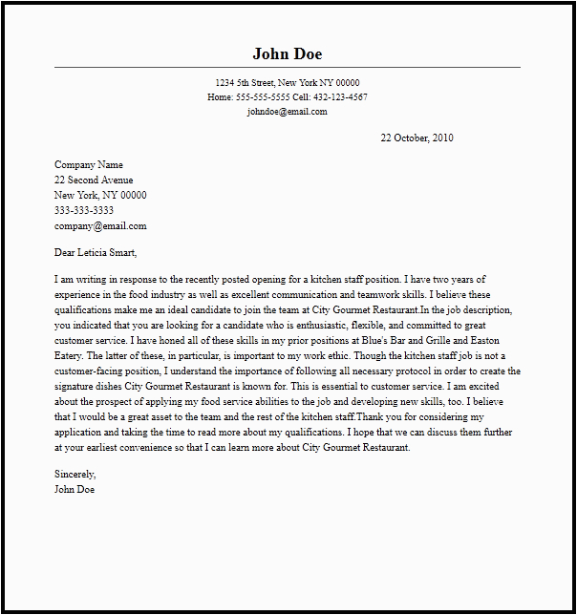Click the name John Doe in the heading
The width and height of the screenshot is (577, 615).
pos(288,53)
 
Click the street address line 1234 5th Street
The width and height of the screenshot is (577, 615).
pos(287,83)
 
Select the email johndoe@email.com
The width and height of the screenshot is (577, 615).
pos(287,112)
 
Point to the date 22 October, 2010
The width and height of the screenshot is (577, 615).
pos(417,138)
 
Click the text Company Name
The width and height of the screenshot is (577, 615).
pos(89,165)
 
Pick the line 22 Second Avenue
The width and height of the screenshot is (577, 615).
pos(94,180)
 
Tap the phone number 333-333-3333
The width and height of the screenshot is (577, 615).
pos(84,211)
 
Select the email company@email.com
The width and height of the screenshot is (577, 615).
pos(100,226)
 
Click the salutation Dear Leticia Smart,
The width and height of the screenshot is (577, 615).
pos(96,253)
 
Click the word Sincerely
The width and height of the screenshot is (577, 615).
pos(75,475)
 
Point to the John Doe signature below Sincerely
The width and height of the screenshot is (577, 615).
pos(75,490)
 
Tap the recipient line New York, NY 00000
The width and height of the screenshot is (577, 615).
pos(100,196)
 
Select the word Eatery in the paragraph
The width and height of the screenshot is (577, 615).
pos(70,356)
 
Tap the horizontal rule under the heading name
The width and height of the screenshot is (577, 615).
pos(288,68)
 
